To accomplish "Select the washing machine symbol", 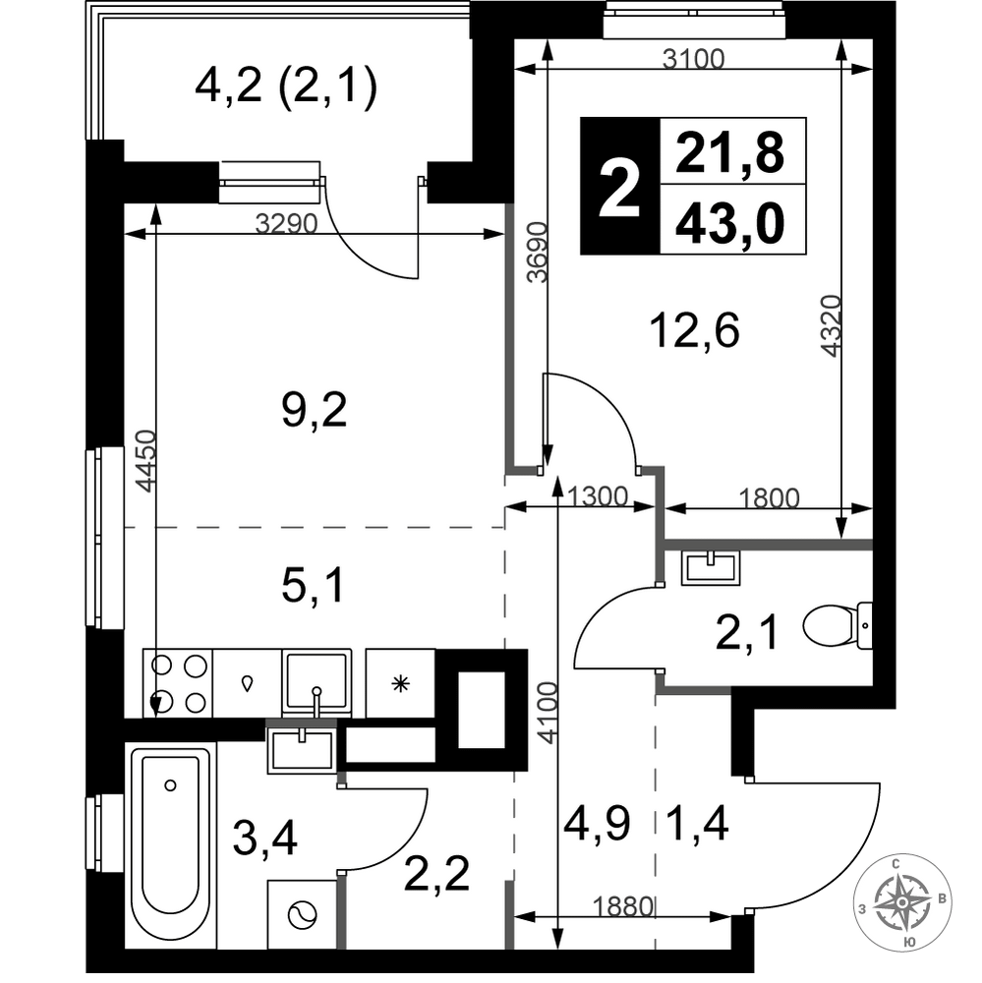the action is (302, 915).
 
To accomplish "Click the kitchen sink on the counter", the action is (317, 683).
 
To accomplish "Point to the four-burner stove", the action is (178, 683).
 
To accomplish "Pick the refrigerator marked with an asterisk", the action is (400, 683).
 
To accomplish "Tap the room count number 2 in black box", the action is (619, 186).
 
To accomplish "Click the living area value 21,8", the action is (730, 153).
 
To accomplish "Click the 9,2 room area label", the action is (315, 410).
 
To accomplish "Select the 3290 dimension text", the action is (287, 222).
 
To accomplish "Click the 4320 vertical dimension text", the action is (831, 326).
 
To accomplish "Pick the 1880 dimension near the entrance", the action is (622, 906).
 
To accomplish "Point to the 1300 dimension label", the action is (597, 496).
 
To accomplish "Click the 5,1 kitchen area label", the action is (314, 587).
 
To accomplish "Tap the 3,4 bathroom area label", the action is (264, 839).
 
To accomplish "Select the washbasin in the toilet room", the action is (711, 567).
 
